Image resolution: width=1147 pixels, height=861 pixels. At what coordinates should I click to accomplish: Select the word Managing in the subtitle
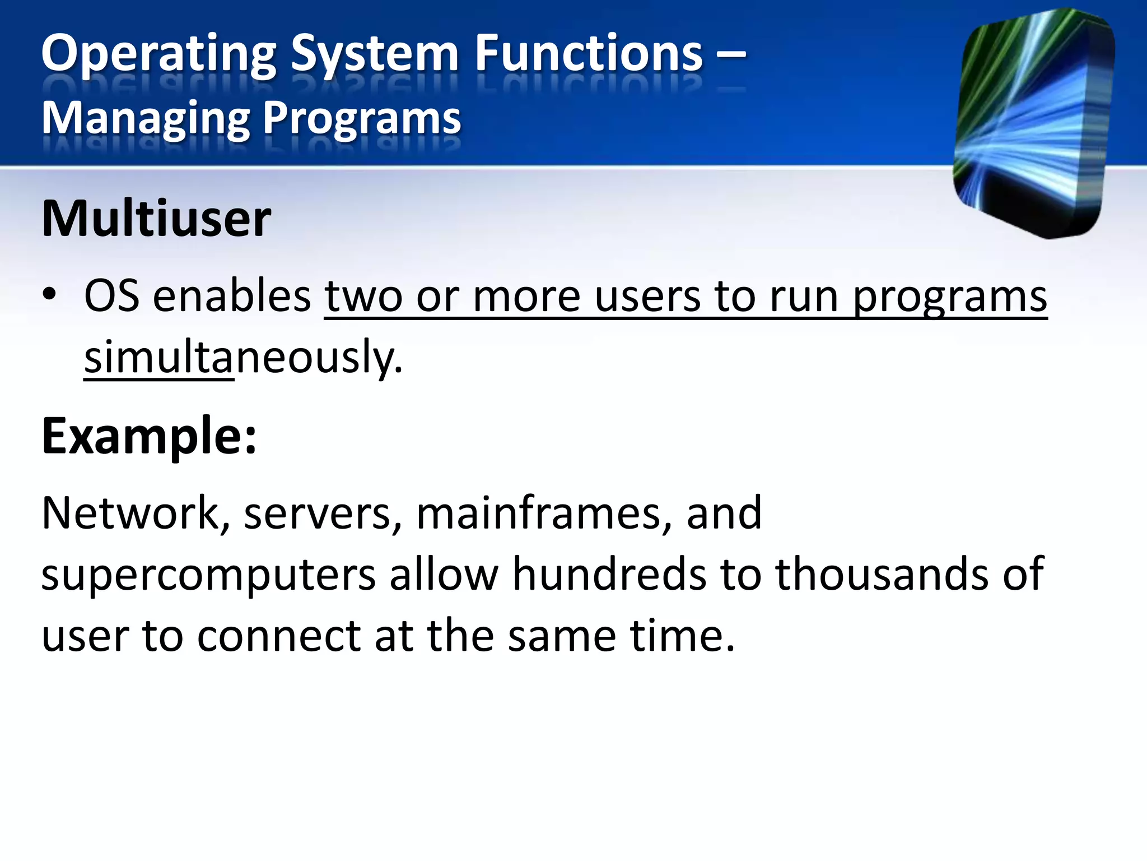146,119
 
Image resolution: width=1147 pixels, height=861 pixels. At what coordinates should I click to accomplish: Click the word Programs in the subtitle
362,119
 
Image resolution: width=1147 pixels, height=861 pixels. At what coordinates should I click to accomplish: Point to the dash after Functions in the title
731,54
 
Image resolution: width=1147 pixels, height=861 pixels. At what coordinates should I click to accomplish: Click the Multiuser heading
156,219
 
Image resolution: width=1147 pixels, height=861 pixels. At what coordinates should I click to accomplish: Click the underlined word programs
950,297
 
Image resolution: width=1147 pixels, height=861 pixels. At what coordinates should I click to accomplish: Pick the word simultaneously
243,358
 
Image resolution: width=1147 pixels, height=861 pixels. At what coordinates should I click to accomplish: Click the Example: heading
149,436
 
